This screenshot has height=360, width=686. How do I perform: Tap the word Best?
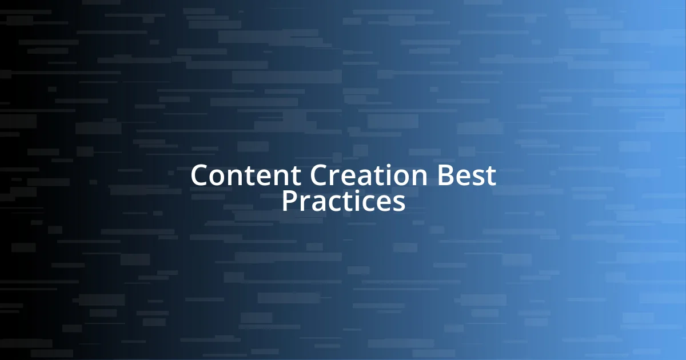(x=466, y=175)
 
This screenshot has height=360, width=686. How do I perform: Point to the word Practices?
(x=343, y=201)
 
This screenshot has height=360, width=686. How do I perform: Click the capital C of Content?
(x=200, y=175)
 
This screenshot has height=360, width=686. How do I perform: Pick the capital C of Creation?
(x=320, y=175)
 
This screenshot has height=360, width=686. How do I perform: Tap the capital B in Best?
(x=446, y=175)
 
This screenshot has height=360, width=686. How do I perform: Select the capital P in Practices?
(x=289, y=201)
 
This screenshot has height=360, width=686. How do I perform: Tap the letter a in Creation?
(x=369, y=177)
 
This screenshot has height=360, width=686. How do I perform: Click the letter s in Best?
(x=478, y=177)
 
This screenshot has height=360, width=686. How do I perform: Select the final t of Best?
(x=490, y=176)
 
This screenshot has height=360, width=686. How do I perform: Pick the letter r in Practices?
(x=305, y=203)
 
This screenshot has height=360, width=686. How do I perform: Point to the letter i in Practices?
(x=357, y=201)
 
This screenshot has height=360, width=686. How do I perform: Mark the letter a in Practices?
(x=319, y=203)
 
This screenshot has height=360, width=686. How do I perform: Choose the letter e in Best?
(x=464, y=177)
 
